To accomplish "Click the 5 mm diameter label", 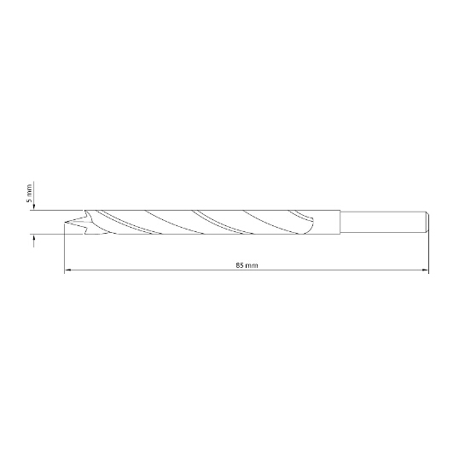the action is coord(29,193).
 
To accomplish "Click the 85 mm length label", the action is coord(247,265).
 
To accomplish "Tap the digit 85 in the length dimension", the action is coord(240,265).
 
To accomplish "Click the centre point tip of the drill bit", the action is coord(65,225).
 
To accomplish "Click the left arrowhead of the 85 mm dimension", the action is coord(67,270).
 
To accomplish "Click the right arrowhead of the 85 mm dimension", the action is coord(425,270).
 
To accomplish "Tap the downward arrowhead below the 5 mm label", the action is coord(34,206).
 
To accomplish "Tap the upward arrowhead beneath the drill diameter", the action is coord(34,238).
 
